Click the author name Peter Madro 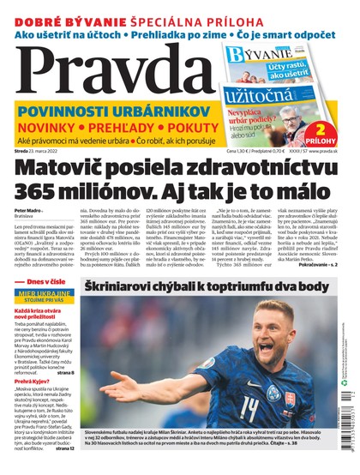click(x=28, y=210)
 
